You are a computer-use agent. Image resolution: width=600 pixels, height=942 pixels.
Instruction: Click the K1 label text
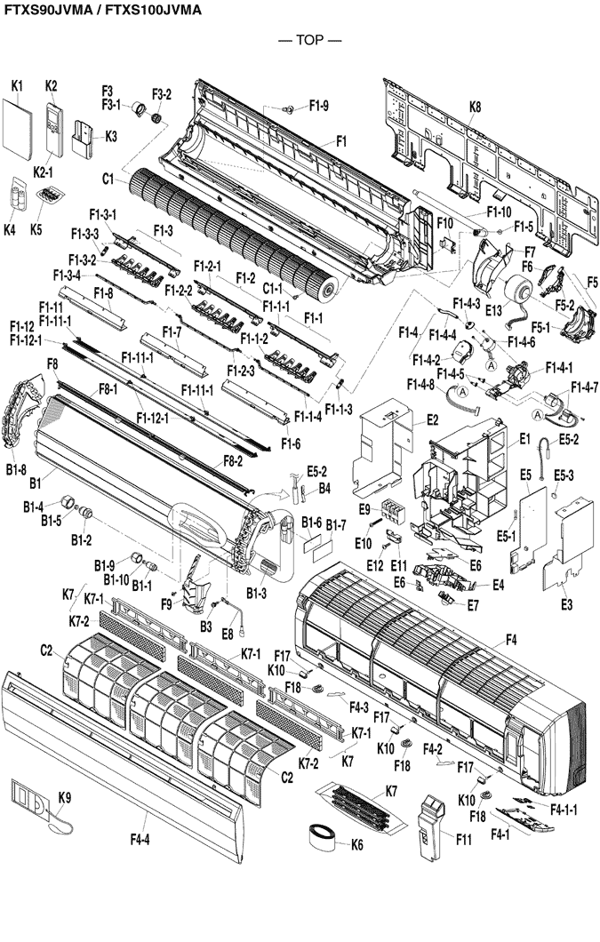point(17,85)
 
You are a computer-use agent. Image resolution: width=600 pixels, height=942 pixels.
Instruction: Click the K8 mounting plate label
point(475,107)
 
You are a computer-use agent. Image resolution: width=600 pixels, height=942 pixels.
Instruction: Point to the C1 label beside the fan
point(108,179)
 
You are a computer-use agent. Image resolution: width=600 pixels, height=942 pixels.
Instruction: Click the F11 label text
point(464,836)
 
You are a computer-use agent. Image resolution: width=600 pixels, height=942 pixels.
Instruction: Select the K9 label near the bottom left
point(65,795)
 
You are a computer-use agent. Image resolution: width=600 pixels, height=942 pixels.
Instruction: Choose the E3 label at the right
point(567,604)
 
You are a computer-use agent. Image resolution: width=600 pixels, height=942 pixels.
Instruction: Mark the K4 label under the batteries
point(10,229)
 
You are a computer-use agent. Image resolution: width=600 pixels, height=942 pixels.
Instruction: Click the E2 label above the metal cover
point(433,419)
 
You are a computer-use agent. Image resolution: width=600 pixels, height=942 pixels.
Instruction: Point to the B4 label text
point(324,488)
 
